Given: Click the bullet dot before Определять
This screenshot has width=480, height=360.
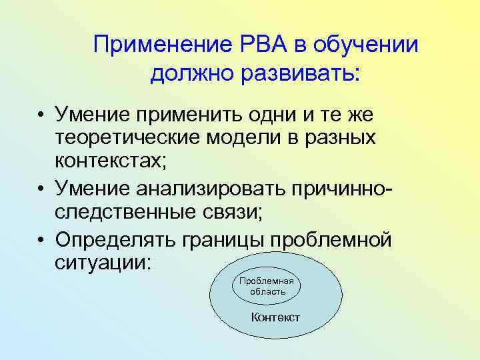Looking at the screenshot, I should [42, 241].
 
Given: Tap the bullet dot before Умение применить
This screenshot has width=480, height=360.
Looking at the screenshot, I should [42, 116].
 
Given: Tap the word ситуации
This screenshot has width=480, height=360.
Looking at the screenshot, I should [103, 261].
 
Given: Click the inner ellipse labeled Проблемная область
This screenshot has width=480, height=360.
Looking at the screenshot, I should [267, 286].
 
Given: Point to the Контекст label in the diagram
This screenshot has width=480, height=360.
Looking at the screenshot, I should [275, 317].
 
